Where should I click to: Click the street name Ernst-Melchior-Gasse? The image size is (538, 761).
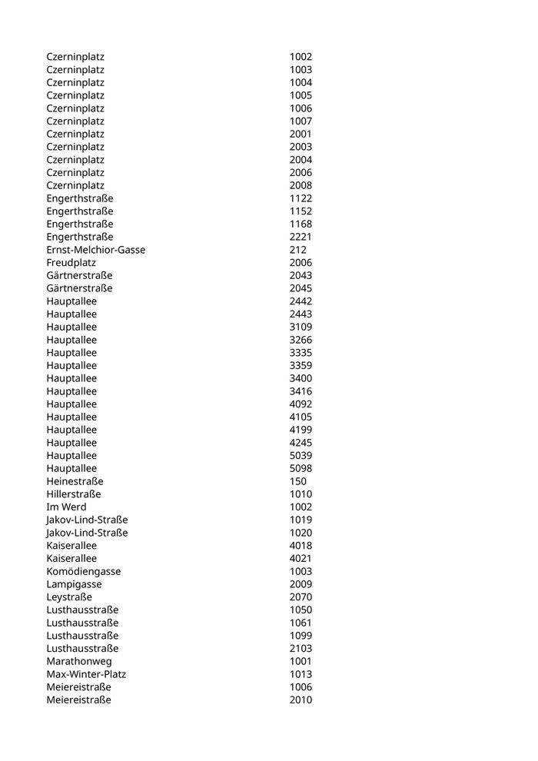[95, 250]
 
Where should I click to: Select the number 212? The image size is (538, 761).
[298, 250]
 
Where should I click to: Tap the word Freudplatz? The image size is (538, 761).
[71, 263]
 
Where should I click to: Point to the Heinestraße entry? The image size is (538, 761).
[75, 481]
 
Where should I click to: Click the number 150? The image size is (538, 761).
[298, 481]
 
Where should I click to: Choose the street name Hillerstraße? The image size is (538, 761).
[73, 494]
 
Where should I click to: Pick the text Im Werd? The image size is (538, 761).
[66, 507]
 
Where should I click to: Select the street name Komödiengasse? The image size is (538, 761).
[83, 572]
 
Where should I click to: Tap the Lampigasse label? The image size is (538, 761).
[74, 584]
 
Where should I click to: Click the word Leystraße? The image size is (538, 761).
[69, 597]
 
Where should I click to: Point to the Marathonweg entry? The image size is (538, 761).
[78, 661]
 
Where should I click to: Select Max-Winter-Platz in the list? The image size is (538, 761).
[86, 674]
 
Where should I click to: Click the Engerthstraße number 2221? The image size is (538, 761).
[301, 237]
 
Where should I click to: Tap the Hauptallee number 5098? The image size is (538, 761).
[301, 468]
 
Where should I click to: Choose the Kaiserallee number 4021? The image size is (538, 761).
[301, 559]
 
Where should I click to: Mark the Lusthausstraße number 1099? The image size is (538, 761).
[301, 636]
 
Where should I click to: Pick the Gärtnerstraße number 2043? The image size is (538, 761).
[301, 275]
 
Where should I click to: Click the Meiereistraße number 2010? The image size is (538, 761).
[301, 700]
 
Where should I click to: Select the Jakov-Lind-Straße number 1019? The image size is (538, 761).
[301, 520]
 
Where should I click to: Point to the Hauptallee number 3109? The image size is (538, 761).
[301, 327]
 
